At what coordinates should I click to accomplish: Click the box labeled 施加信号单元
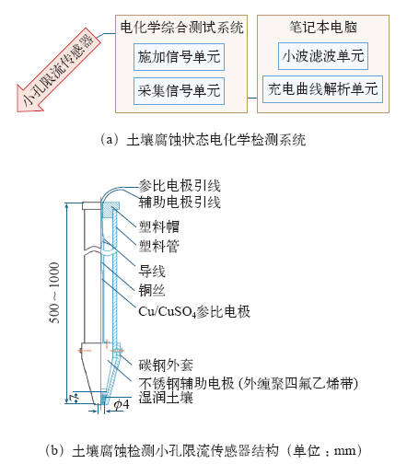tap(179, 57)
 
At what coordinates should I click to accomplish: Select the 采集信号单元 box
tap(179, 91)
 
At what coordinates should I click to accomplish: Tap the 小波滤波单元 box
tap(323, 56)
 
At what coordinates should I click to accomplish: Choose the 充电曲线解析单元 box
tap(322, 89)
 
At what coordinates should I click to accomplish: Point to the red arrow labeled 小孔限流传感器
tap(58, 70)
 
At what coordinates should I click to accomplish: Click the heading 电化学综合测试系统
tap(181, 28)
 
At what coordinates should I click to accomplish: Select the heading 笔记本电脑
tap(323, 27)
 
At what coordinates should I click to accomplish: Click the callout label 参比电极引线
tap(180, 186)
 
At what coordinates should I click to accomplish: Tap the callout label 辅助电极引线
tap(180, 203)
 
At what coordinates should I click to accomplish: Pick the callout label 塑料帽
tap(159, 227)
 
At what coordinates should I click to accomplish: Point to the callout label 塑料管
tap(159, 246)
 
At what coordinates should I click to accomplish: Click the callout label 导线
tap(152, 272)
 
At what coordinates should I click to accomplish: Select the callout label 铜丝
tap(152, 290)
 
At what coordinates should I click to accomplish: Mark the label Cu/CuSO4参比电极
tap(194, 312)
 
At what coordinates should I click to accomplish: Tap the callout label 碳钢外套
tap(166, 365)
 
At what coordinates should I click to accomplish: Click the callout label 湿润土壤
tap(166, 398)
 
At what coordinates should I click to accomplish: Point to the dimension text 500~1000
tap(54, 293)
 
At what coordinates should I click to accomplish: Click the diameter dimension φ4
tap(122, 405)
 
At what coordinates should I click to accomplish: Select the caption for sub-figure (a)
tap(203, 140)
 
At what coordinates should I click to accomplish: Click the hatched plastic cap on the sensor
tap(110, 210)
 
